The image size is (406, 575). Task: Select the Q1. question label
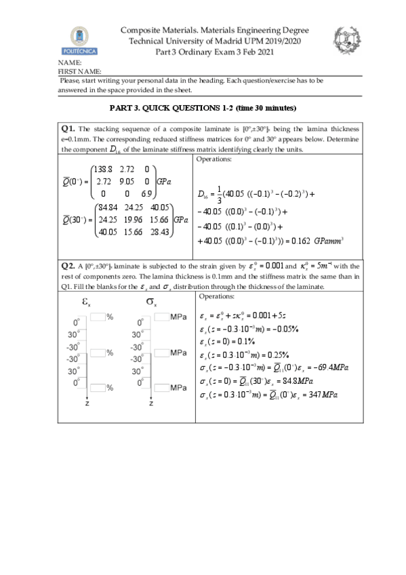click(x=68, y=128)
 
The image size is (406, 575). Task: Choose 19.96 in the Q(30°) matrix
click(x=131, y=220)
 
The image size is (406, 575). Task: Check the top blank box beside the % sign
click(x=98, y=317)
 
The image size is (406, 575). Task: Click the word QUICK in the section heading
click(x=163, y=108)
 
